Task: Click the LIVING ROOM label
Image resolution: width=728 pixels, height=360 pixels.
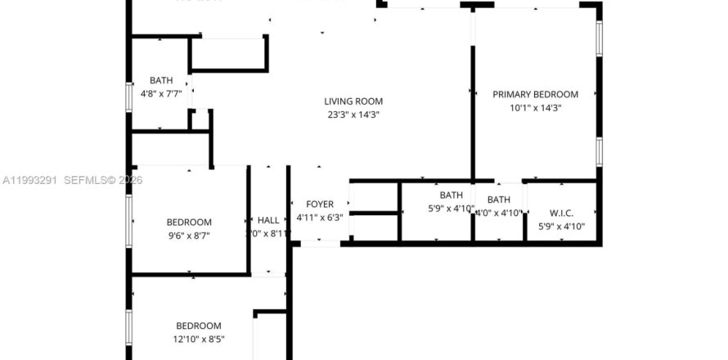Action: pos(353,101)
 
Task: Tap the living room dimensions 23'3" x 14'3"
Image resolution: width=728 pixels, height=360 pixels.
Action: pos(353,115)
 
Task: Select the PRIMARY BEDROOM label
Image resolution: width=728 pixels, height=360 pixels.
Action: pos(535,94)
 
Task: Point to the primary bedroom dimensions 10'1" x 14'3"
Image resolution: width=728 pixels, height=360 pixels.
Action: pos(535,107)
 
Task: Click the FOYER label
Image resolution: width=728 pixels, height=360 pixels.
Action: pos(319,204)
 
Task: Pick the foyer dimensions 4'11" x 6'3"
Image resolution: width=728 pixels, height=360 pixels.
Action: pos(319,217)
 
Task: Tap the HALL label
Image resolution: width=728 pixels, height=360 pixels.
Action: pos(268,220)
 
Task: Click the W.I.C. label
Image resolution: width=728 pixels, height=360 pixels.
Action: pos(561,213)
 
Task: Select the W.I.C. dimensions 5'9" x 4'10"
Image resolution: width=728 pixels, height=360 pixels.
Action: pos(561,226)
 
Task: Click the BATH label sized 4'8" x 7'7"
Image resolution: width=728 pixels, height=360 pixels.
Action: pos(161,80)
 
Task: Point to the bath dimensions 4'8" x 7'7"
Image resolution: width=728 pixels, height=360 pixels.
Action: pos(161,93)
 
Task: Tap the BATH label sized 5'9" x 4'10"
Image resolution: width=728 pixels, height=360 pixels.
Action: pos(452,195)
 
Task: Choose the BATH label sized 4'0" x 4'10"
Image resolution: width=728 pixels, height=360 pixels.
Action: pos(499,200)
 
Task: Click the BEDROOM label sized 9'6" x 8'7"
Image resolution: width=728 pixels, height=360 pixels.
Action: pos(189,222)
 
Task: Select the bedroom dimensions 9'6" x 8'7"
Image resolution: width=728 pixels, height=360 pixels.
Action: pos(189,235)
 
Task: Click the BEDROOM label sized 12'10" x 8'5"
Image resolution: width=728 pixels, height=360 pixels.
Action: pos(199,325)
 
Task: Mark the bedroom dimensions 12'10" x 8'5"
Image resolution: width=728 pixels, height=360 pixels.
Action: pos(199,338)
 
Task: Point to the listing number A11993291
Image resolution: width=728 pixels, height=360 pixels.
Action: pos(29,180)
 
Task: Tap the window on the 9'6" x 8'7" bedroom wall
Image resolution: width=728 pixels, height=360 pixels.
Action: pos(129,220)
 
